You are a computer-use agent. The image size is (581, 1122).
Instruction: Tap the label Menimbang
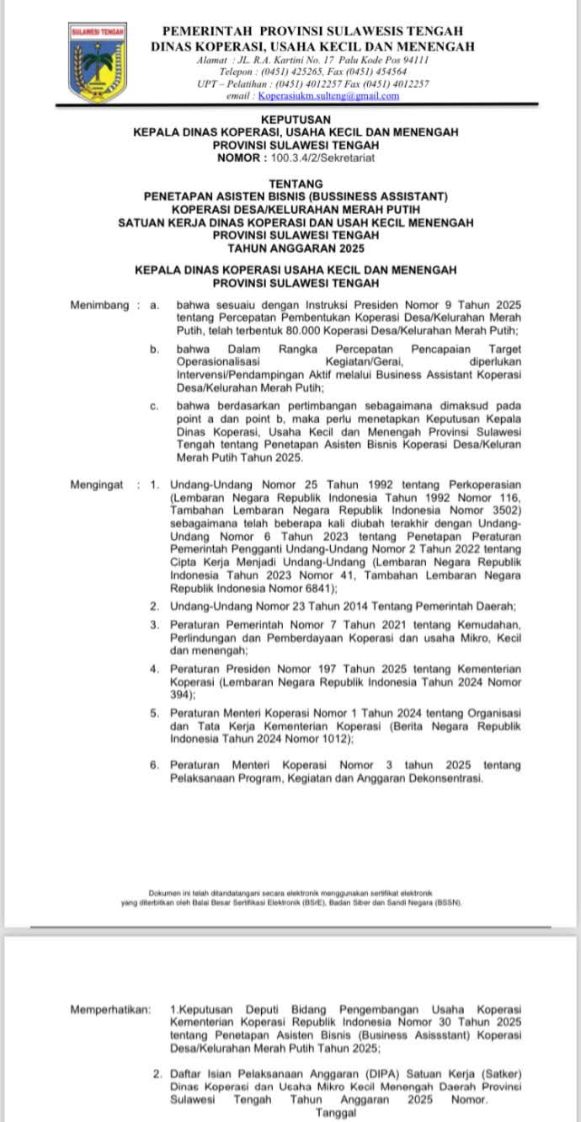[x=99, y=304]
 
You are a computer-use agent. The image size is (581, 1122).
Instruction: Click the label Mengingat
[x=97, y=484]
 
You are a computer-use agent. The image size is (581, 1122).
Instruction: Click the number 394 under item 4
[x=180, y=694]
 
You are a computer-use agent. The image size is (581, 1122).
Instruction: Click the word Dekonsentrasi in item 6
[x=444, y=779]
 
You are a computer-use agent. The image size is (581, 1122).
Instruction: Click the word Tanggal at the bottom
[x=336, y=1112]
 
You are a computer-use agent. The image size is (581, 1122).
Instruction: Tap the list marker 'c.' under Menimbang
[x=155, y=406]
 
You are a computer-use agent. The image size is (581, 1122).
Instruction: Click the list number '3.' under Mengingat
[x=155, y=624]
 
